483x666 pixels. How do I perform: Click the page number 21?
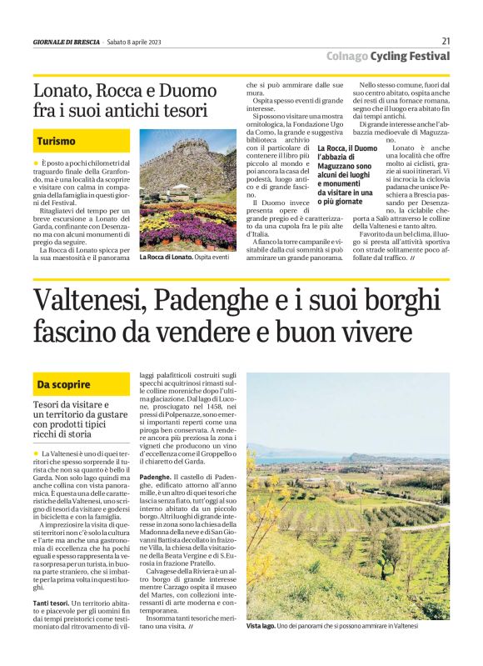[x=446, y=41]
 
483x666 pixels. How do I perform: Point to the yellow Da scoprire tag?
[x=63, y=384]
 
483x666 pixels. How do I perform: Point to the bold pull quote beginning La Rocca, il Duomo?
[x=345, y=176]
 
